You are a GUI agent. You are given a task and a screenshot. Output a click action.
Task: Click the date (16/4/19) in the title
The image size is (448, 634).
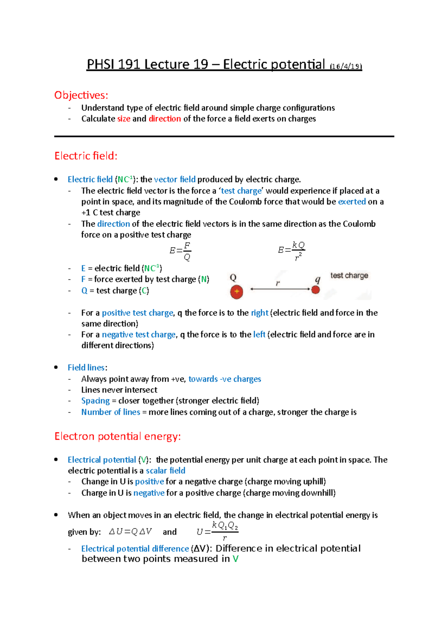pos(346,66)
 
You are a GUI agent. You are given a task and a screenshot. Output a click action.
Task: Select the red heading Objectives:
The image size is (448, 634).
pos(81,95)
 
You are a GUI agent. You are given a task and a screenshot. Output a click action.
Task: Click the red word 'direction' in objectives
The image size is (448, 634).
pos(165,119)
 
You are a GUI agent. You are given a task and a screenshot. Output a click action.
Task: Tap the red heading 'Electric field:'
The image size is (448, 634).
pos(86,156)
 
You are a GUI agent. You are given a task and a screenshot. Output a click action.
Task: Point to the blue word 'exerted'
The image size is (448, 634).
pos(352,202)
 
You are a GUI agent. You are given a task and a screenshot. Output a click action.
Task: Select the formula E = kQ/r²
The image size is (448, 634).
pos(292,250)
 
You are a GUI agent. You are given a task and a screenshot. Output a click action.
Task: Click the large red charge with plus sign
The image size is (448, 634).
pos(236,292)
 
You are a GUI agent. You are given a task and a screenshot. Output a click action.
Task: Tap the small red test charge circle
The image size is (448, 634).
pos(315,290)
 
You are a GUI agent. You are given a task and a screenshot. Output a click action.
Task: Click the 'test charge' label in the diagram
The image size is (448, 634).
pos(349,276)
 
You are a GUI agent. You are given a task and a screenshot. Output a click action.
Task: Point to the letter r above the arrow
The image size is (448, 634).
pos(277,283)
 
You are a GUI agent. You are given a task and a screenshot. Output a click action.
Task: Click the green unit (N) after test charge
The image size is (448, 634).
pos(204,279)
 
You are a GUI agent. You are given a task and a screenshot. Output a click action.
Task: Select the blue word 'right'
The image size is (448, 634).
pos(259,313)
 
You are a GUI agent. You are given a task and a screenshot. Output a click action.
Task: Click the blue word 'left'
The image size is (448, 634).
pos(259,335)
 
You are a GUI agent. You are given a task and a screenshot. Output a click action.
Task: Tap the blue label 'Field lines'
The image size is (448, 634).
pos(86,368)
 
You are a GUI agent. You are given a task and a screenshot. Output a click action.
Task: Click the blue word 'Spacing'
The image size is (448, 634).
pos(95,401)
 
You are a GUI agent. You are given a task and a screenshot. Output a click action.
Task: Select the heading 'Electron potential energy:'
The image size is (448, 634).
pos(118,436)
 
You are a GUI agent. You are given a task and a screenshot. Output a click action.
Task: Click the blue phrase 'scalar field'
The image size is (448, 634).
pos(165,470)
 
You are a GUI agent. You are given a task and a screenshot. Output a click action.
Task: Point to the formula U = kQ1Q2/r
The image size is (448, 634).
pos(218,531)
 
